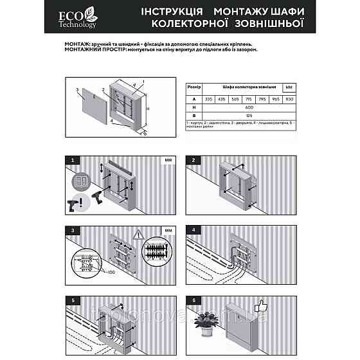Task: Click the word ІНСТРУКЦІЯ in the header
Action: [x=168, y=12]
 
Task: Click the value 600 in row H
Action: [x=249, y=107]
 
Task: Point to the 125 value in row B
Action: [x=249, y=114]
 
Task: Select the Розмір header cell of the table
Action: [x=194, y=85]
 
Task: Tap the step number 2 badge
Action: [x=192, y=159]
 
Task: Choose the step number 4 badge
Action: [x=192, y=228]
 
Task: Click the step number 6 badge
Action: [x=192, y=298]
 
